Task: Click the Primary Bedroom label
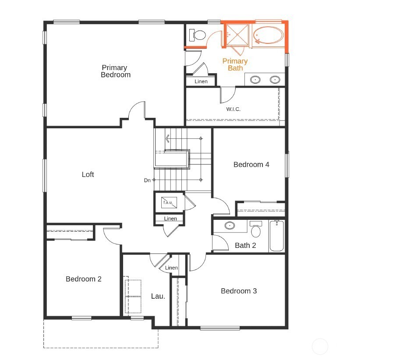tap(115, 71)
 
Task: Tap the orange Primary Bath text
tap(235, 64)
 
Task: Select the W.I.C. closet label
tap(233, 109)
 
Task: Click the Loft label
tap(88, 174)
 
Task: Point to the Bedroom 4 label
tap(251, 165)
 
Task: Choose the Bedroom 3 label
tap(239, 291)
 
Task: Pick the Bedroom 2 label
tap(84, 279)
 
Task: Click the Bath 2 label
tap(245, 245)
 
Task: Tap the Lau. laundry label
tap(158, 296)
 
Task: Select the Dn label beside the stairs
tap(147, 180)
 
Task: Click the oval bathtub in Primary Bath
tap(269, 35)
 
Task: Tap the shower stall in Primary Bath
tap(237, 35)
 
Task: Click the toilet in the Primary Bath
tap(199, 35)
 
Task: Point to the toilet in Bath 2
tap(256, 229)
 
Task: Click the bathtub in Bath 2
tap(276, 236)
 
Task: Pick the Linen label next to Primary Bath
tap(201, 81)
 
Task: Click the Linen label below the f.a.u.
tap(170, 219)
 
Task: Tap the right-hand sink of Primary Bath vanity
tap(275, 80)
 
